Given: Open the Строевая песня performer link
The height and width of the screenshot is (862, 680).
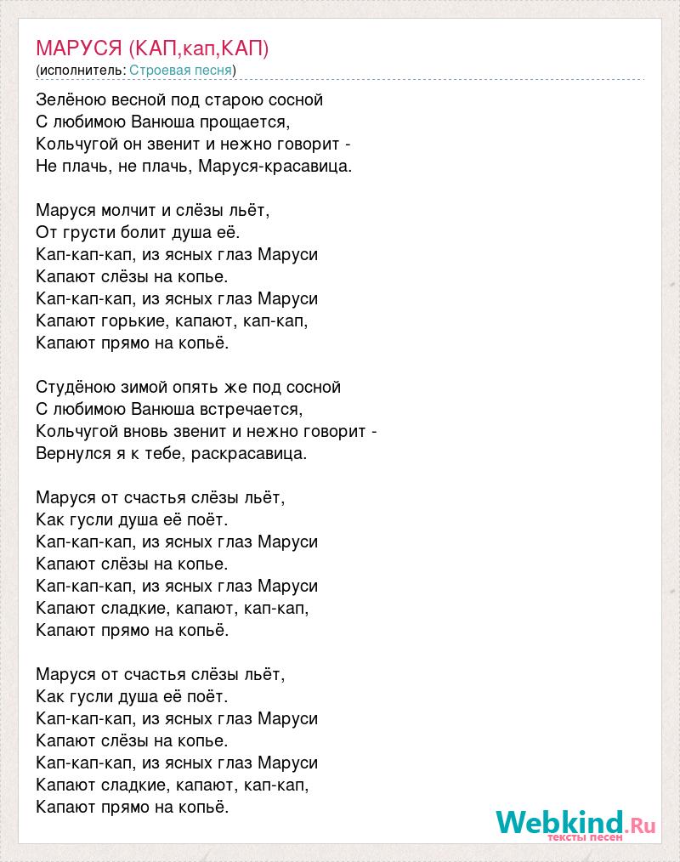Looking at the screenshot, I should click(181, 70).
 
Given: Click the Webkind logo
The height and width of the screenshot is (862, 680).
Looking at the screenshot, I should click(576, 821).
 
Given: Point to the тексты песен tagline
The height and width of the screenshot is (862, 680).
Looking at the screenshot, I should click(586, 837).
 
